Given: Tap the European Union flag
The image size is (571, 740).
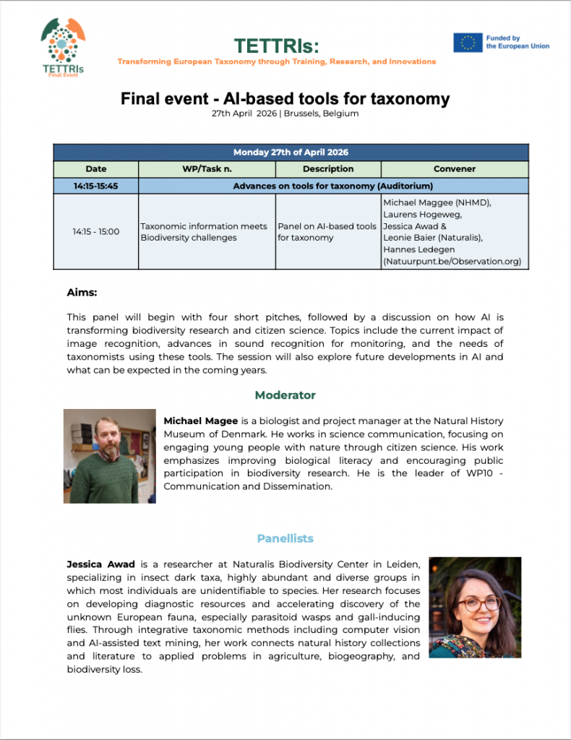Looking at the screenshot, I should click(x=468, y=43).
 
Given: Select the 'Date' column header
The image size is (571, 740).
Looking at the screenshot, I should click(x=95, y=169).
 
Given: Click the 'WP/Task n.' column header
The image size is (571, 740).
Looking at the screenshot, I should click(x=207, y=169).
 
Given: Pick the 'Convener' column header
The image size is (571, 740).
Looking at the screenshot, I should click(x=455, y=169).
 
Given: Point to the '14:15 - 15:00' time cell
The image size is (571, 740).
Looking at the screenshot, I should click(x=95, y=232).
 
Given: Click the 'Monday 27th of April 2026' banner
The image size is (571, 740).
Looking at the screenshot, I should click(x=291, y=152).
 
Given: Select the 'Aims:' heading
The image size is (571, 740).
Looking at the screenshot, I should click(x=82, y=293).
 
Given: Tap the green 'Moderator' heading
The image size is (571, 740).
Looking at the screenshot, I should click(x=285, y=395).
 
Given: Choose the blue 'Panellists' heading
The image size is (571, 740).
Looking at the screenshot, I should click(x=285, y=538).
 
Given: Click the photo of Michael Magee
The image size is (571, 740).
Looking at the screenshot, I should click(x=109, y=456).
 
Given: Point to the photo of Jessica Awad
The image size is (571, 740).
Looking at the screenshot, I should click(x=475, y=607).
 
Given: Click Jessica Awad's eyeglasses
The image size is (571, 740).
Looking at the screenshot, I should click(x=478, y=603).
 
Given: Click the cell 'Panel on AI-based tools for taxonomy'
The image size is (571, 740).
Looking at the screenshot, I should click(x=328, y=232).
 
